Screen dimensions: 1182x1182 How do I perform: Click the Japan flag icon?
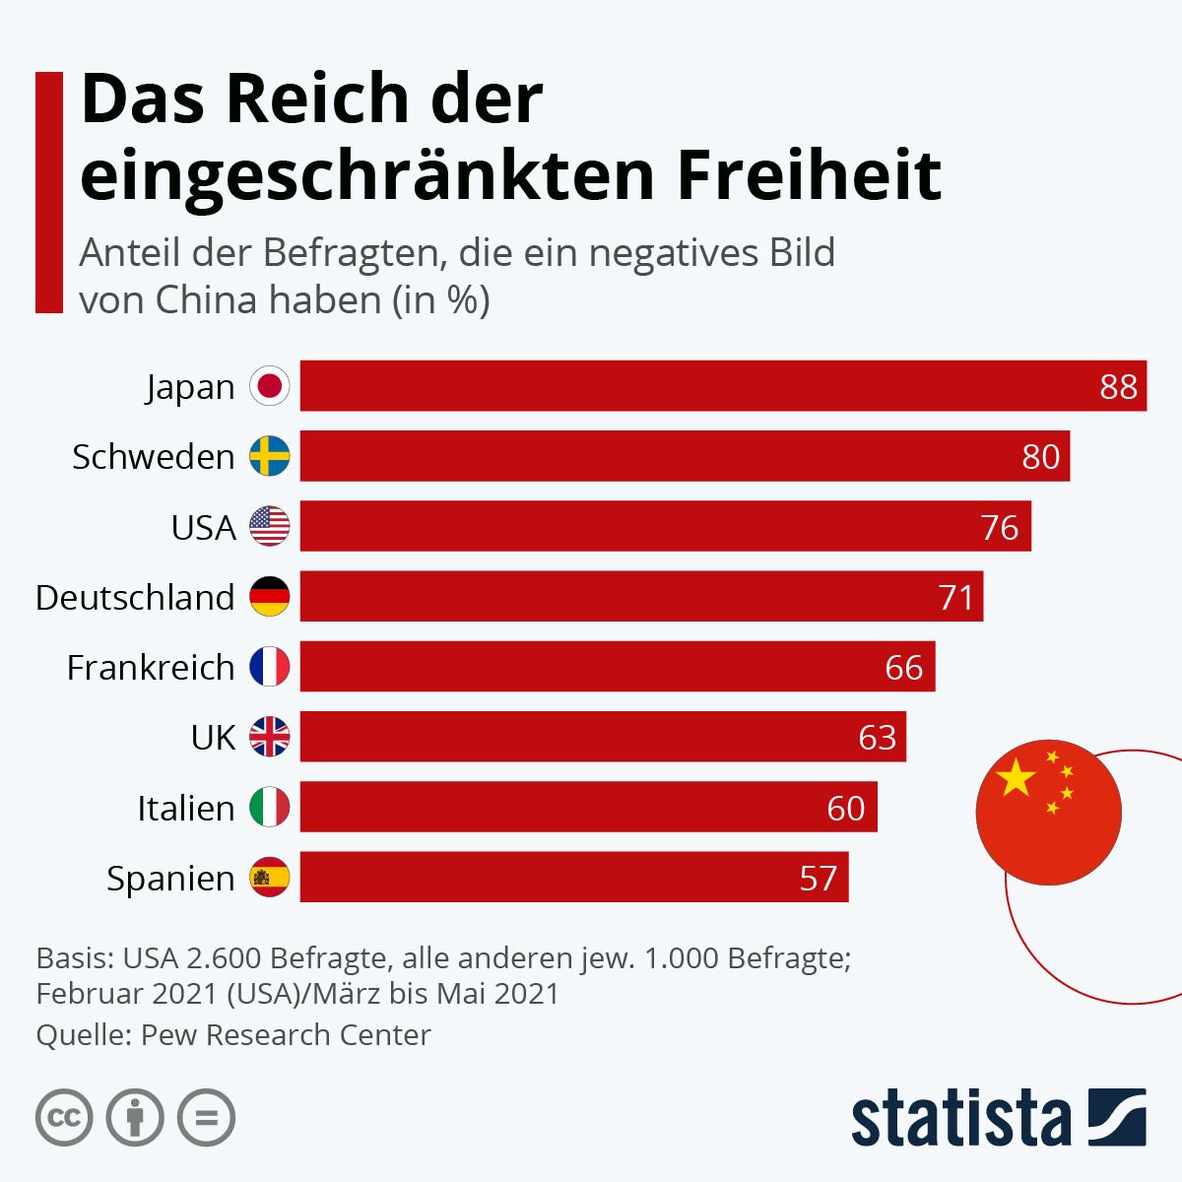tap(270, 386)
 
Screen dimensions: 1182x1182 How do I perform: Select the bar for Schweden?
tap(685, 456)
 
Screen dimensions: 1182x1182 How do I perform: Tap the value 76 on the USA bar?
tap(1000, 527)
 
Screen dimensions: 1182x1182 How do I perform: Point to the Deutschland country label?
tap(135, 598)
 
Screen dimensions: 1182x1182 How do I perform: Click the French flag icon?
tap(270, 667)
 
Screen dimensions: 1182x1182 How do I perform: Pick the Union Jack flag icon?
tap(270, 737)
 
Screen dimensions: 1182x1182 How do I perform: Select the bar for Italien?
tap(588, 807)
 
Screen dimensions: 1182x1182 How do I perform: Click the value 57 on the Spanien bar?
tap(819, 878)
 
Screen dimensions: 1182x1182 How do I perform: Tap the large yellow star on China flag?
tap(1017, 778)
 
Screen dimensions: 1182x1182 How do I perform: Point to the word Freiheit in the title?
tap(809, 175)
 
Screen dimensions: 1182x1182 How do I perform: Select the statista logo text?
tap(960, 1118)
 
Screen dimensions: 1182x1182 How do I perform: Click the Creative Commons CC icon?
tap(64, 1118)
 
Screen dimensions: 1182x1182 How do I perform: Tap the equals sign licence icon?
tap(207, 1118)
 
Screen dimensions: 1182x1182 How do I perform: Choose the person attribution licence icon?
tap(135, 1118)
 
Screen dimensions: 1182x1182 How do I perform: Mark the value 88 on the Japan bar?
tap(1119, 386)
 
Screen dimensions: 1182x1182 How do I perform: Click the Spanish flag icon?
tap(270, 877)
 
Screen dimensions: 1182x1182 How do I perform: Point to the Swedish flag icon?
tap(270, 456)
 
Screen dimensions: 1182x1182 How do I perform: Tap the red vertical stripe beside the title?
tap(49, 192)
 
